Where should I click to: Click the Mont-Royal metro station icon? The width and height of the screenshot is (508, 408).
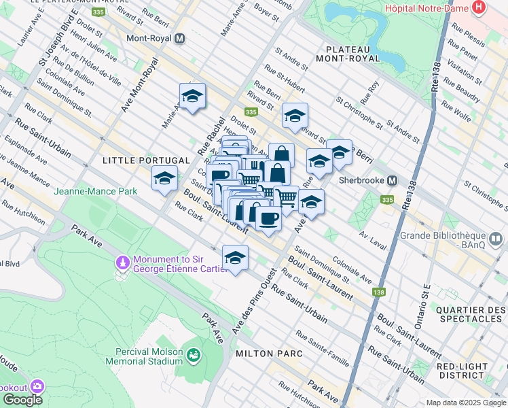pos(179,39)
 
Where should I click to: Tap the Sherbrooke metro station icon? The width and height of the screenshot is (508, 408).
pos(392,181)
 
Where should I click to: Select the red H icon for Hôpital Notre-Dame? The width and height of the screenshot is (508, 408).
pos(479,7)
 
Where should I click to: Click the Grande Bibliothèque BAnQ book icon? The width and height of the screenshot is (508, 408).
pos(496,239)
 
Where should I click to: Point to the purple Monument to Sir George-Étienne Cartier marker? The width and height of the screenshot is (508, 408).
pos(123,260)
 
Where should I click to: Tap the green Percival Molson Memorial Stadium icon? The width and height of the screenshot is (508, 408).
pos(194,355)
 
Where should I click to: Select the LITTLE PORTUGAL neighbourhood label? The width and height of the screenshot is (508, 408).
pos(146,160)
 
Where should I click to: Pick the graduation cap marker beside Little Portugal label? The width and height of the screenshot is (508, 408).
pos(164,179)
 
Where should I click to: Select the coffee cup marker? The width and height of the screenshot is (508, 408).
pos(268,218)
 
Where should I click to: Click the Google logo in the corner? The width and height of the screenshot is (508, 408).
pos(23,400)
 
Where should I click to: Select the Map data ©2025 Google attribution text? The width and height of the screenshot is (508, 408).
pos(466,403)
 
